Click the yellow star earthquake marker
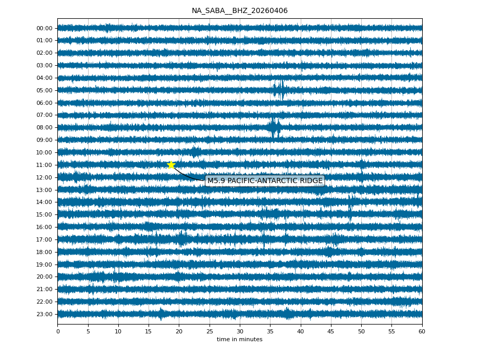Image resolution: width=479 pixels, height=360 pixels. coord(171,165)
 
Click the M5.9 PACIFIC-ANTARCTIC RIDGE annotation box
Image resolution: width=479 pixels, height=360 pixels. coord(265,181)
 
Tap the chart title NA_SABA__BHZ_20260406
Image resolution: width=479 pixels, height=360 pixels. coord(239,11)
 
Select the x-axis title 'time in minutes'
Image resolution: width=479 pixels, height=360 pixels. coord(239,340)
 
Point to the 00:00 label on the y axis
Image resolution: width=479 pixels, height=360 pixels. coord(44,28)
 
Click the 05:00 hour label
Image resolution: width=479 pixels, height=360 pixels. coord(44,90)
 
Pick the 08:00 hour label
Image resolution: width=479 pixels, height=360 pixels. coord(44,127)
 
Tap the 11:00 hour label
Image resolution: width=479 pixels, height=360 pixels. coord(44,165)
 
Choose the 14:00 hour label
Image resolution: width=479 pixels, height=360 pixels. coord(44,202)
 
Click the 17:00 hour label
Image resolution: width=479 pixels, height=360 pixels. coord(44,239)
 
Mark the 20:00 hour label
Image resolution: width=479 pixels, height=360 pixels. coord(44,277)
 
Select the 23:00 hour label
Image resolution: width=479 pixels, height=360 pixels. coord(44,314)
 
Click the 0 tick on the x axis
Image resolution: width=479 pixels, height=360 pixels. coord(58,331)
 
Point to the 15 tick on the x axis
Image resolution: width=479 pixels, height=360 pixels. coord(149,331)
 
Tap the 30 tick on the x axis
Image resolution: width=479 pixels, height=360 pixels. coord(240,331)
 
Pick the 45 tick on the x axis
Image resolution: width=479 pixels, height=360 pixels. coord(331,331)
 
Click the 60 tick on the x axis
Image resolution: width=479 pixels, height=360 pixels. coord(422,331)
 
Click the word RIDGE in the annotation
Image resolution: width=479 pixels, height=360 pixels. coord(311,181)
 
